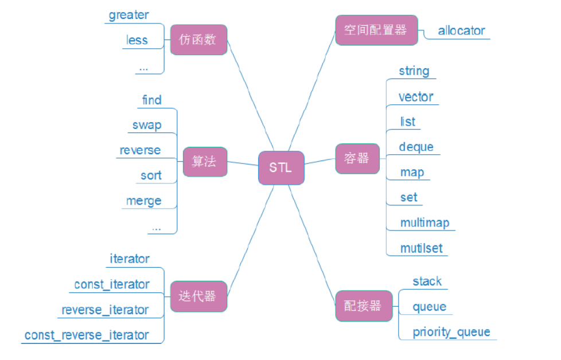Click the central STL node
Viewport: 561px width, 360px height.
click(280, 168)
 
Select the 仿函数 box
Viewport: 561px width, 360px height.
click(198, 40)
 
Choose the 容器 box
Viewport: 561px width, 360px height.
click(357, 158)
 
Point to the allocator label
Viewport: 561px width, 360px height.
click(461, 31)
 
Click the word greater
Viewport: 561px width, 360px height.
click(128, 15)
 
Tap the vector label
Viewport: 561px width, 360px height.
click(416, 97)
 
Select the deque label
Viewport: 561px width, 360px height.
click(416, 147)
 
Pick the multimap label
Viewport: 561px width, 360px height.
click(424, 223)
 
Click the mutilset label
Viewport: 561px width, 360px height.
click(421, 248)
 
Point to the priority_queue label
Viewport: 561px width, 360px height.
click(451, 332)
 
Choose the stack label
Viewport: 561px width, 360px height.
click(427, 281)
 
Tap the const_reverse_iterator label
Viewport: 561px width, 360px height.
click(87, 335)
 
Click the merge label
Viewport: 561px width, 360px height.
click(143, 201)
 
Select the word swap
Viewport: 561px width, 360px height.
click(147, 125)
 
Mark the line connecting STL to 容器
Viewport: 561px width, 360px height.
click(320, 162)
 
